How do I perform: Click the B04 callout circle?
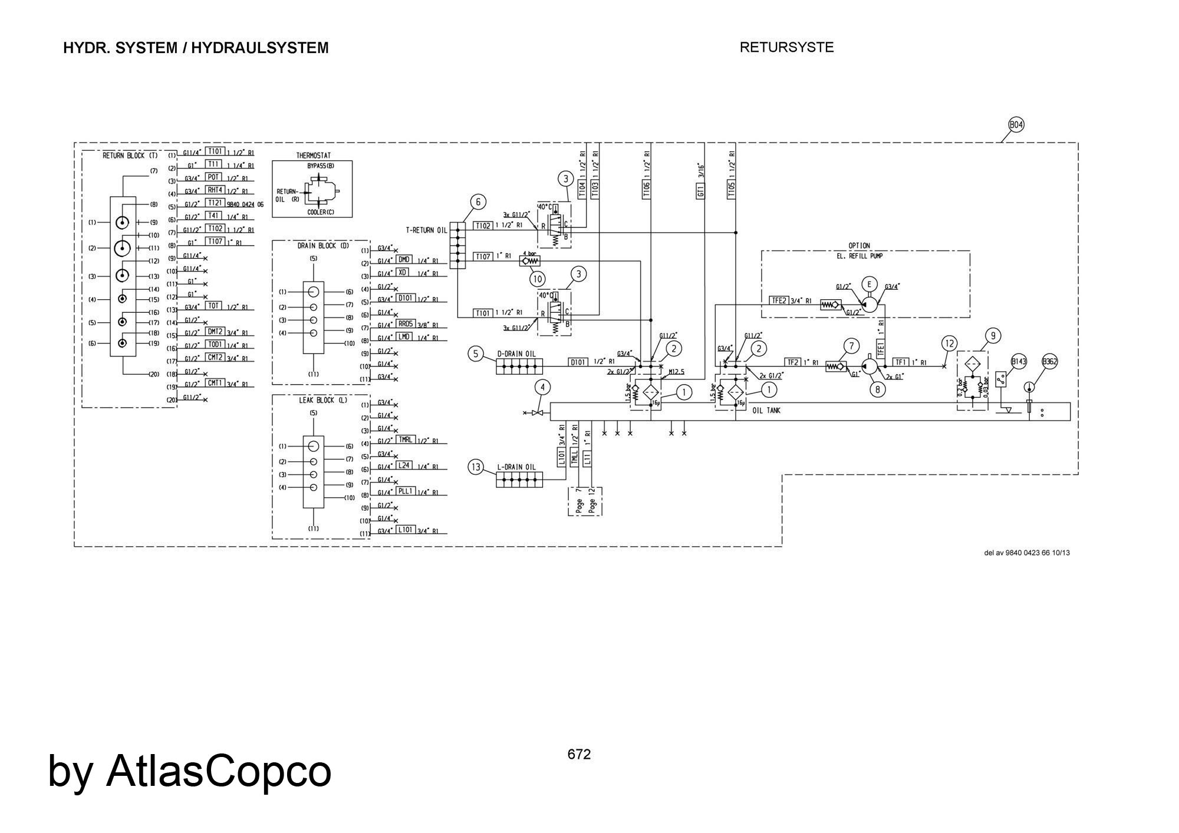pyautogui.click(x=1016, y=125)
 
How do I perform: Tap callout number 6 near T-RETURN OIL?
pyautogui.click(x=478, y=202)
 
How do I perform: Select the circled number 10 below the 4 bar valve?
pyautogui.click(x=536, y=278)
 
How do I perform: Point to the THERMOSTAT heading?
pyautogui.click(x=313, y=156)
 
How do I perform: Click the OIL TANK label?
pyautogui.click(x=766, y=411)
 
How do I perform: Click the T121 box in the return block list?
pyautogui.click(x=213, y=203)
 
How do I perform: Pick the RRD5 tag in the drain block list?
pyautogui.click(x=406, y=323)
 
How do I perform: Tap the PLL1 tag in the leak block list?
pyautogui.click(x=406, y=491)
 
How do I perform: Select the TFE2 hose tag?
pyautogui.click(x=779, y=300)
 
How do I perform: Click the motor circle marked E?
pyautogui.click(x=868, y=284)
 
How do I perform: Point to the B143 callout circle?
pyautogui.click(x=1019, y=361)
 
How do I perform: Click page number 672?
pyautogui.click(x=579, y=755)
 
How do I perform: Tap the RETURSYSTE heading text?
pyautogui.click(x=786, y=48)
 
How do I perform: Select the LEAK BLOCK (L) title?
pyautogui.click(x=323, y=401)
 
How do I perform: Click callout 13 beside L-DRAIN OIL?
pyautogui.click(x=476, y=468)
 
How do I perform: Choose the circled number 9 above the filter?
pyautogui.click(x=993, y=336)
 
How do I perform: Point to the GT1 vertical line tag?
pyautogui.click(x=700, y=190)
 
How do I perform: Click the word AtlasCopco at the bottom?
pyautogui.click(x=218, y=771)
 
